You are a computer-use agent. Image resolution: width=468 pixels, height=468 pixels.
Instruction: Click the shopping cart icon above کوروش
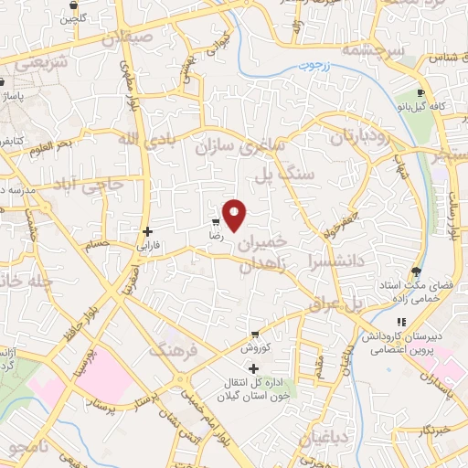[254, 334]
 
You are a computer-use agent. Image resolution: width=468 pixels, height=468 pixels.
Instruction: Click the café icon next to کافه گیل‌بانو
[420, 92]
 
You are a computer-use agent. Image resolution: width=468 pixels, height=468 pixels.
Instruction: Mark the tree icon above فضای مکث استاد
[416, 271]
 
